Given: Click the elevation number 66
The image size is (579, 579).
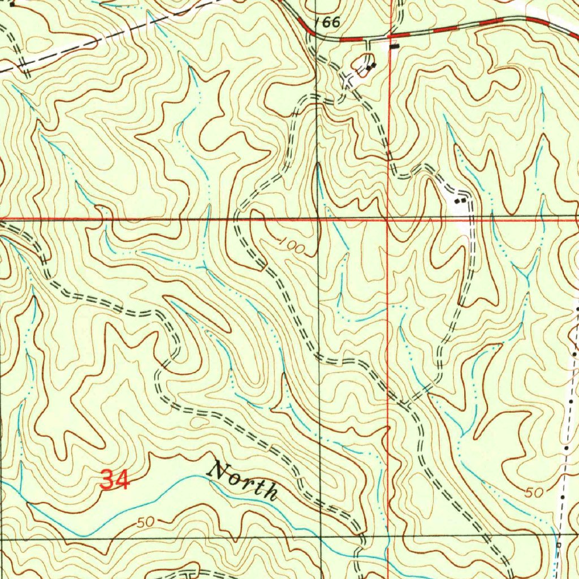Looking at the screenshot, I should point(331,23).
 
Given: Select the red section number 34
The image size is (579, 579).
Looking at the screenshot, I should point(115,481).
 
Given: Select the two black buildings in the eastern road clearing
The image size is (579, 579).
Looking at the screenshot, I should point(462,200).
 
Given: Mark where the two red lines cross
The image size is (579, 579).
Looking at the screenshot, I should point(387,219).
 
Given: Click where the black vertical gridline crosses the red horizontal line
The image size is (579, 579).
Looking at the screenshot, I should point(318,218).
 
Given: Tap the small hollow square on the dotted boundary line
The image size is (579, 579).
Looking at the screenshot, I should point(558,545).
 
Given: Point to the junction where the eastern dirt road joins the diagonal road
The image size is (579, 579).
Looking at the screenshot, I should point(406,403).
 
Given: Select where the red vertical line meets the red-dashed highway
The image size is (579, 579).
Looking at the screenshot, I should point(389,38).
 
